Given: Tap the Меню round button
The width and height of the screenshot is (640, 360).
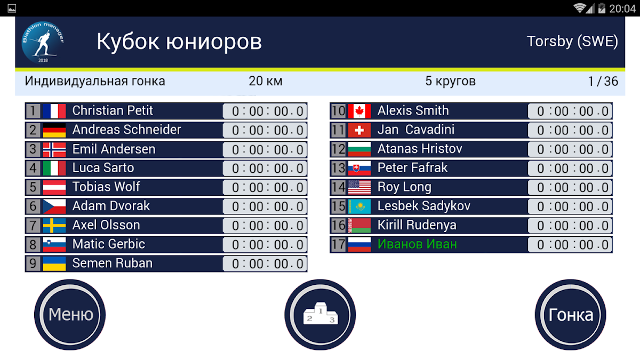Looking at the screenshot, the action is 70,315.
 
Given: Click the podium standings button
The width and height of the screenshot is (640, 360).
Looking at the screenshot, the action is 320,315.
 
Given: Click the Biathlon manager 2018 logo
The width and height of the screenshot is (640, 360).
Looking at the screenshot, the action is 43,42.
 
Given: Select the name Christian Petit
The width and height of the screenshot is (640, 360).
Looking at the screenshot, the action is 113,110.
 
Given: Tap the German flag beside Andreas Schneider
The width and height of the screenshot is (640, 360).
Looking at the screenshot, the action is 54,130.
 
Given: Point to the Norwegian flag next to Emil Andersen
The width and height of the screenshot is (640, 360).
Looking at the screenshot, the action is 54,149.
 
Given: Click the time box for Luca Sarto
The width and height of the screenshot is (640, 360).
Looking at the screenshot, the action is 265,169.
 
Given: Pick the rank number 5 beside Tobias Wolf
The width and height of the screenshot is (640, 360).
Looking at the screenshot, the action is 33,187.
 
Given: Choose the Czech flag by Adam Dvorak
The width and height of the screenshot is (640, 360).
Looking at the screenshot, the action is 54,206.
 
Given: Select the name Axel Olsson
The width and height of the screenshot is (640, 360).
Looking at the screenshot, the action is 106,225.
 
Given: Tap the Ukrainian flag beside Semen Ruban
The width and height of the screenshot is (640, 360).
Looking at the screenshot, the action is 54,263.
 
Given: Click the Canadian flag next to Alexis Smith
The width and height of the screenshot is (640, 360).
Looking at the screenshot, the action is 359,111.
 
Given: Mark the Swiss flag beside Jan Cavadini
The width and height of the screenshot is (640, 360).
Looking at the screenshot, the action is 359,130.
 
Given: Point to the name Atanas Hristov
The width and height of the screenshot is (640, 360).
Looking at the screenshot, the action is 420,149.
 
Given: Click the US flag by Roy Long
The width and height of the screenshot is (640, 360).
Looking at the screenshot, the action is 359,187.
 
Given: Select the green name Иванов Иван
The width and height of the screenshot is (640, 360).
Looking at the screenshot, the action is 417,244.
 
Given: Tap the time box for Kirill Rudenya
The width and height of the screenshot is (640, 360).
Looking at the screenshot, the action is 570,226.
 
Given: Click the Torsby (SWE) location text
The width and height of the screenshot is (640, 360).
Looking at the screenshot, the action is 572,42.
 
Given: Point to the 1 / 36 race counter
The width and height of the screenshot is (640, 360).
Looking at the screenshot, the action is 603,82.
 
